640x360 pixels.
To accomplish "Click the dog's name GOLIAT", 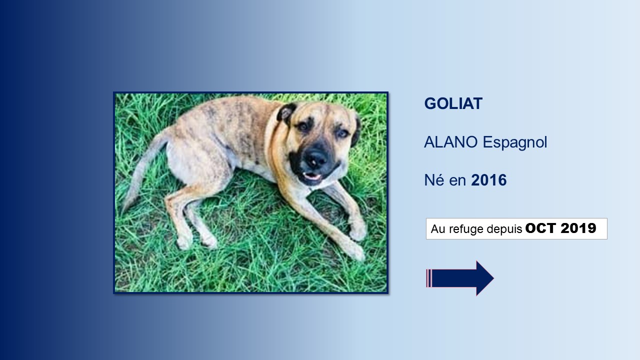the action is (453, 103).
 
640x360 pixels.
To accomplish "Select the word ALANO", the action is (450, 142).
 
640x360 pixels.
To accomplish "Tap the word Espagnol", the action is (514, 143).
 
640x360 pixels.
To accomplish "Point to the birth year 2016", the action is (488, 180).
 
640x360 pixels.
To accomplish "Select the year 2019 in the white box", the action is (578, 228).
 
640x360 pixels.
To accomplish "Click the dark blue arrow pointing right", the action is (459, 278).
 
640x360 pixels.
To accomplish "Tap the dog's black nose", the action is (316, 159).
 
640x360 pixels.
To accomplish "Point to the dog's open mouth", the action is (312, 175).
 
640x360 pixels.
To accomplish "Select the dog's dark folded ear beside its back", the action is (285, 113).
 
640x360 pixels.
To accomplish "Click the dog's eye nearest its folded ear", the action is (303, 126).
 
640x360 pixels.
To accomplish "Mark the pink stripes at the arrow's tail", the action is (428, 278).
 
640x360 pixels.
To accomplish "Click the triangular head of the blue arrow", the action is (484, 278).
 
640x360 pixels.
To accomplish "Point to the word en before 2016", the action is (457, 181).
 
